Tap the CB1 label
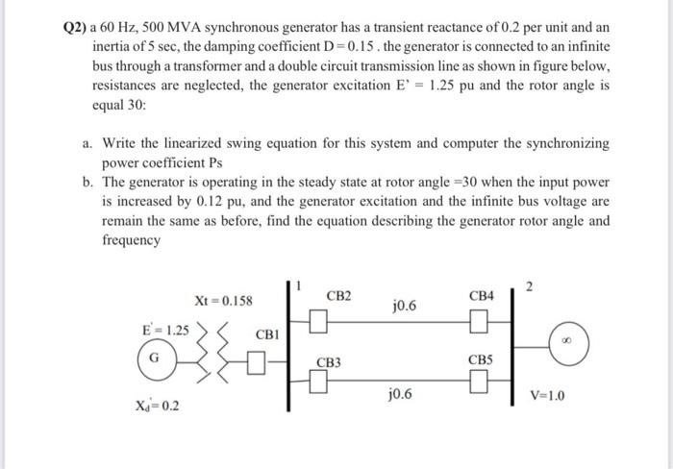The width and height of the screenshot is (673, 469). click(x=266, y=334)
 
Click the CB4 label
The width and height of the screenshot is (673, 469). click(x=481, y=297)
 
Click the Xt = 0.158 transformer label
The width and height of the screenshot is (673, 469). click(x=223, y=301)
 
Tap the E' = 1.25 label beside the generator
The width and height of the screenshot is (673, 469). click(x=166, y=329)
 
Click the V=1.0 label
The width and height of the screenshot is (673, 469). click(x=548, y=396)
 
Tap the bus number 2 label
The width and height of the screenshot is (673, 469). click(x=527, y=284)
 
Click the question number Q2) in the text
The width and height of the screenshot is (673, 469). click(x=75, y=28)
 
